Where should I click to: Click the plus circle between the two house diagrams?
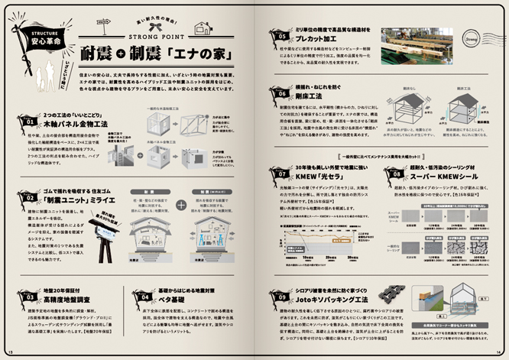159,206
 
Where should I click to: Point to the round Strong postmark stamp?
471,34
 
